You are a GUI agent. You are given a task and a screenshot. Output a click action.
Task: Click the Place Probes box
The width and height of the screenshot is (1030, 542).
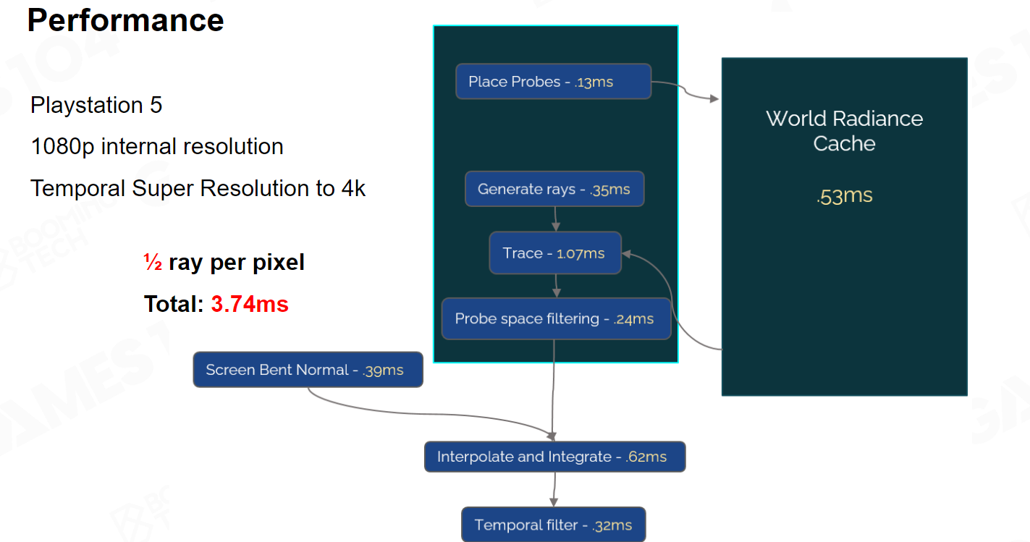pos(553,82)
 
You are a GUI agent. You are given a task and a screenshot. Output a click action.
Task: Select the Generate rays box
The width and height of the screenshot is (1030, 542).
pos(554,190)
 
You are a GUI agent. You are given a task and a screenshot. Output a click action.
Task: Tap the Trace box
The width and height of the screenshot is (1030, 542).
pos(554,253)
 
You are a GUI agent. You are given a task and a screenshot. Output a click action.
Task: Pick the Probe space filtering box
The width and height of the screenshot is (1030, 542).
pos(556,318)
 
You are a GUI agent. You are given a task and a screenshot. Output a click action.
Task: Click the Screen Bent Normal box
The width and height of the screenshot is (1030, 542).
pos(308,370)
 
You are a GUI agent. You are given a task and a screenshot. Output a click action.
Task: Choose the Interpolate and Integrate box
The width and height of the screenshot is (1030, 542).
pos(554,457)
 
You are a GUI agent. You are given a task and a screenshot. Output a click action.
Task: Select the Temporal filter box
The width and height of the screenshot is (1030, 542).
pos(553,525)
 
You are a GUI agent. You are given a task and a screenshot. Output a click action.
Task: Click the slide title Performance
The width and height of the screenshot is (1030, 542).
pos(126,20)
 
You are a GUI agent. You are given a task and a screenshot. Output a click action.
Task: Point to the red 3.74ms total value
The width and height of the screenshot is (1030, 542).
pos(250,304)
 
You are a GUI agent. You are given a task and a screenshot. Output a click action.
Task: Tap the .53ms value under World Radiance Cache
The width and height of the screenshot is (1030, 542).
pos(844,196)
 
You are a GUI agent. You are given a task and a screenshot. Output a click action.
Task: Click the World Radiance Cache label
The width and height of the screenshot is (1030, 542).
pos(844,131)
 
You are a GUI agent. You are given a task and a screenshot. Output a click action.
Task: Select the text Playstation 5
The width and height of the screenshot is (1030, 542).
pos(96,106)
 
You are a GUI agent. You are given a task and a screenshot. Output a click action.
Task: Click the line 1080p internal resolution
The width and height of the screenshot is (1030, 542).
pos(156,147)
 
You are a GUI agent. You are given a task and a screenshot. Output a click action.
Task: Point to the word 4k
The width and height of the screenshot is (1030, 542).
pos(354,189)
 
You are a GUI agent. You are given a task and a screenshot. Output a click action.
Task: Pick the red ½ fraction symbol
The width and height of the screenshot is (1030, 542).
pos(153,262)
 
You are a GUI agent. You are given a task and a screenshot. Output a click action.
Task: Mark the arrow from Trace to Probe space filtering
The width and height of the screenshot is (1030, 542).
pos(556,285)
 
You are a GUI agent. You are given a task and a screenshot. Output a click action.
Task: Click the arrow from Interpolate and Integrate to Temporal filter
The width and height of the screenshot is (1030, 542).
pos(554,489)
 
